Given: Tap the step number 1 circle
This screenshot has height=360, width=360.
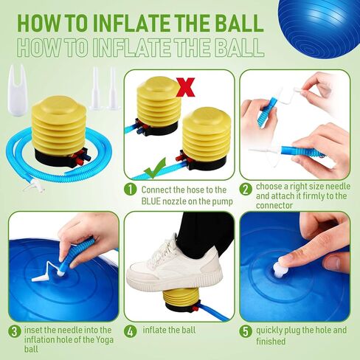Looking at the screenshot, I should (x=130, y=190).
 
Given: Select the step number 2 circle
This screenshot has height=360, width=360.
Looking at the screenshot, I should (x=246, y=190).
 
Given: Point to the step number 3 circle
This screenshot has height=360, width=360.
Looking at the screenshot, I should (x=15, y=331).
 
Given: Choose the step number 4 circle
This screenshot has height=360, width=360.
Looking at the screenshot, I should (x=131, y=331).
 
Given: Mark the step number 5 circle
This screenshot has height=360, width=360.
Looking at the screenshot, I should (x=246, y=331).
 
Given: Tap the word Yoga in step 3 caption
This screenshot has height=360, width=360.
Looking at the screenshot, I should (x=96, y=341).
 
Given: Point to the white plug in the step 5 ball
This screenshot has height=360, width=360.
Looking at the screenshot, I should (x=280, y=269).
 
